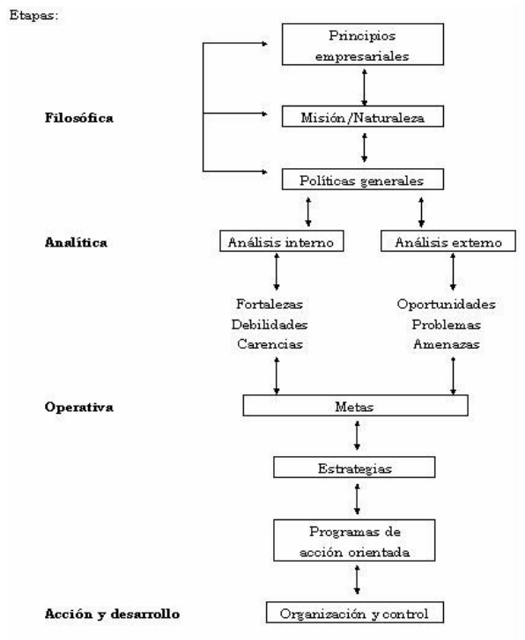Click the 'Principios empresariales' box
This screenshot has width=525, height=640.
point(363,44)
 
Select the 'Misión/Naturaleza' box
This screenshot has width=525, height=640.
point(363,117)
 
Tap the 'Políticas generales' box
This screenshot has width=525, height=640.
point(363,180)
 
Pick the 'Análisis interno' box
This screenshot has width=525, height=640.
point(282,241)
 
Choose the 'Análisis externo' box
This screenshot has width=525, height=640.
point(448,241)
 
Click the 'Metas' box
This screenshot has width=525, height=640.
point(356,406)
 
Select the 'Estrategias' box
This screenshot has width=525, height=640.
point(354,467)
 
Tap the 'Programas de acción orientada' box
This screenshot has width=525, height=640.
point(354,541)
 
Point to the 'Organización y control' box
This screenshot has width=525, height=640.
point(355,613)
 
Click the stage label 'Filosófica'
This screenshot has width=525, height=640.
point(79,118)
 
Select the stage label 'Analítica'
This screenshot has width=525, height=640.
point(76,242)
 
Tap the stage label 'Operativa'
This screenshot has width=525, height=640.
point(79,407)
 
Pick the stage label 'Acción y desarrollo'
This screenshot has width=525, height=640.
point(113,614)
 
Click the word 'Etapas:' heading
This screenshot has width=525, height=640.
point(33,16)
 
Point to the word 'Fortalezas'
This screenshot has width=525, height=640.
point(270,304)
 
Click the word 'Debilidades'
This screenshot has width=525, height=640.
point(270,325)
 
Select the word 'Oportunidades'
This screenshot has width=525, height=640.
point(446,304)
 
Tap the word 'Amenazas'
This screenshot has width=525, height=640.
point(446,344)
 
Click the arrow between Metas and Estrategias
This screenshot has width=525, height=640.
point(357,436)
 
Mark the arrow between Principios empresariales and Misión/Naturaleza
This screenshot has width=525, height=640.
point(364,87)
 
